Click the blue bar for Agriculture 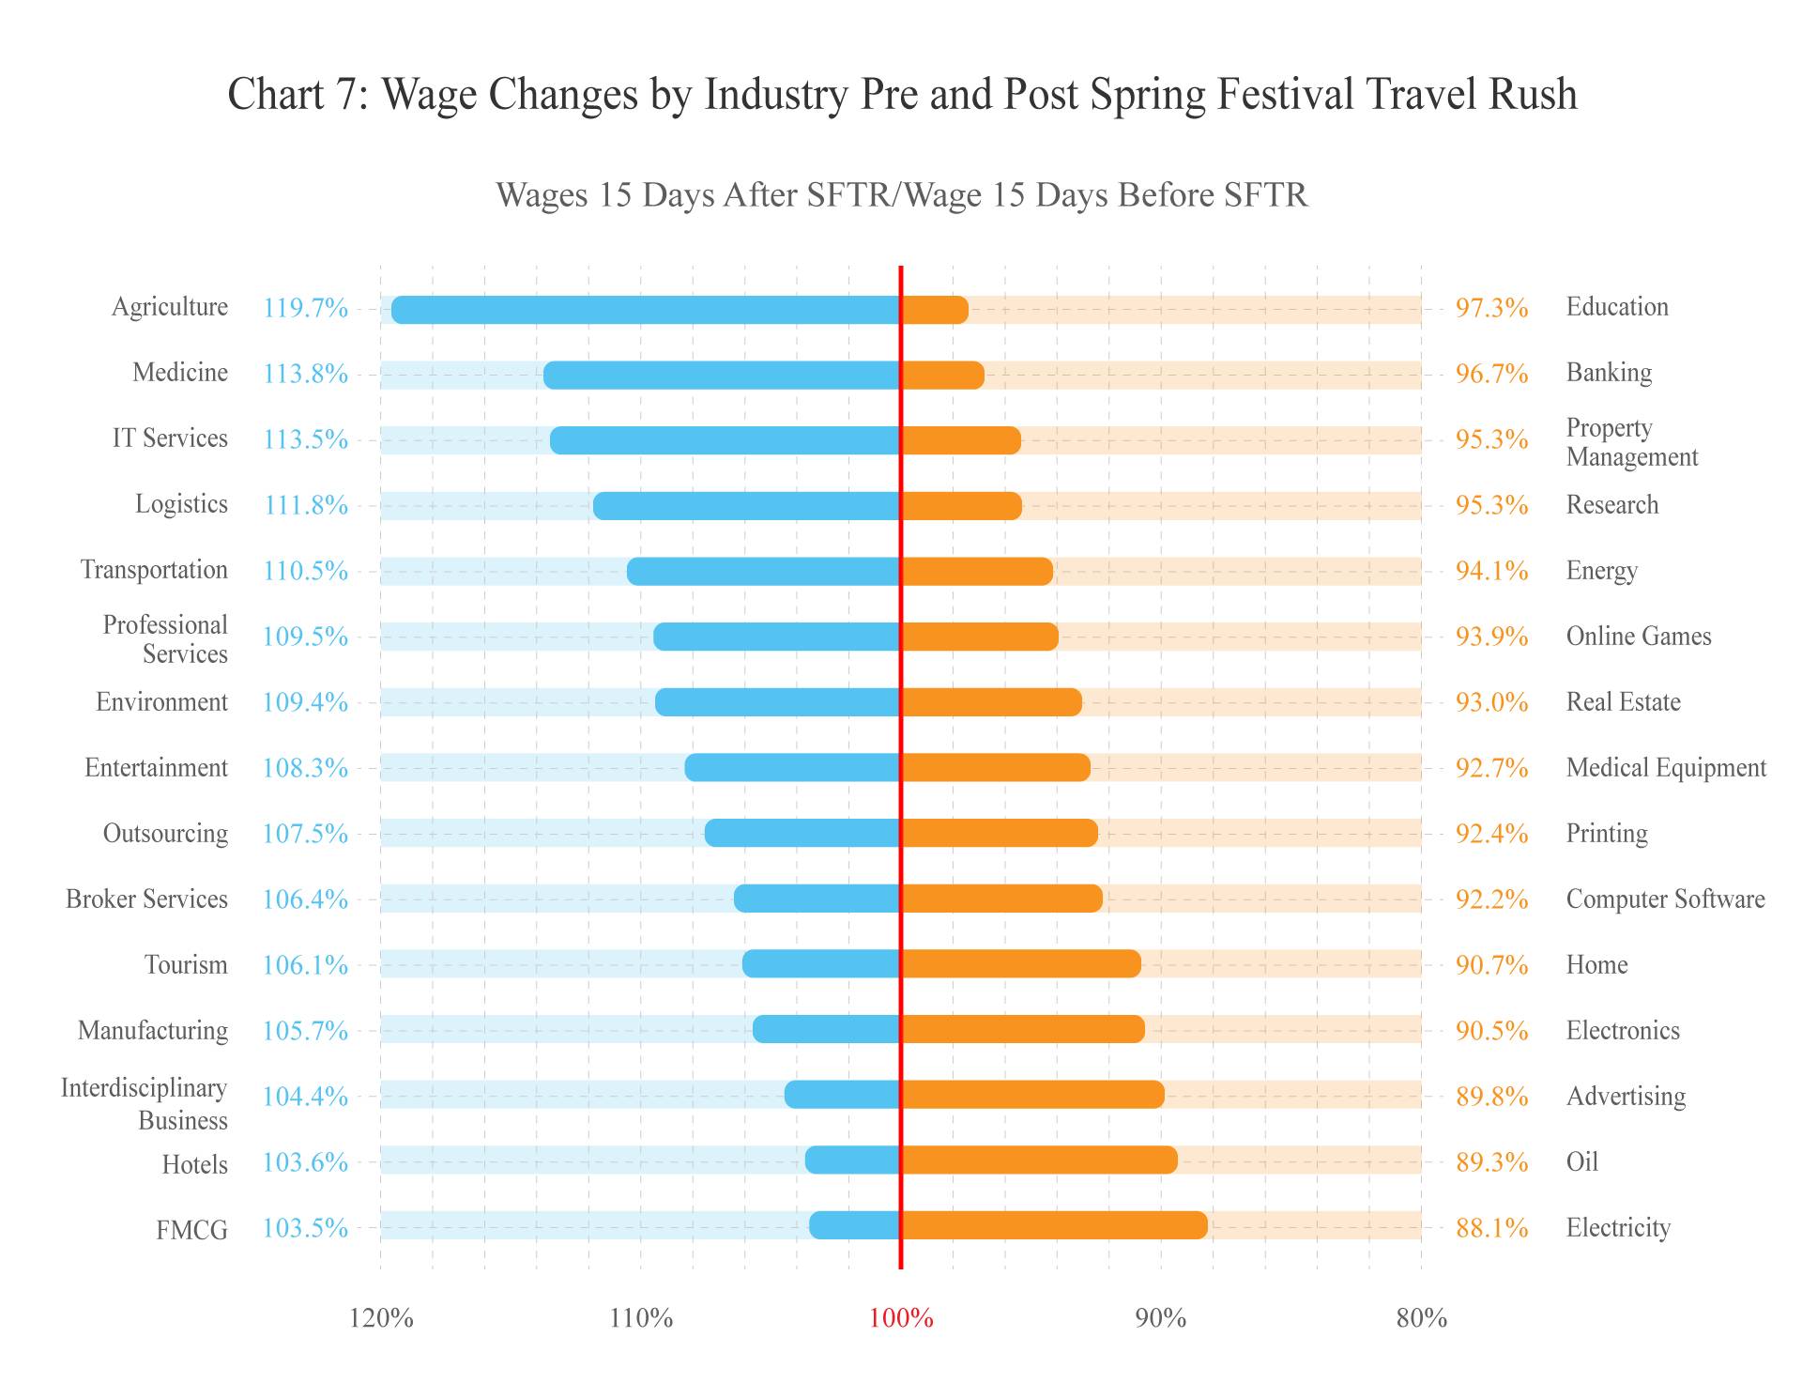pos(646,310)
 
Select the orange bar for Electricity pos(1054,1225)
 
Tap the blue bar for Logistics pos(747,506)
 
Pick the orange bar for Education pos(935,310)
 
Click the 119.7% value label pos(305,308)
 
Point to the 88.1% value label pos(1491,1228)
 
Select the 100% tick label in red pos(901,1319)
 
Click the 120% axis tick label pos(381,1319)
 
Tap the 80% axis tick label pos(1421,1319)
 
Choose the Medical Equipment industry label pos(1666,768)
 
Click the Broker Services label pos(146,899)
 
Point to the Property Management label pos(1631,442)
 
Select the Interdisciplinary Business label pos(145,1104)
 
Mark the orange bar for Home pos(1021,963)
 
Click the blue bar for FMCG pos(855,1225)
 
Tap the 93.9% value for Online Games pos(1491,637)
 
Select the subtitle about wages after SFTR pos(901,195)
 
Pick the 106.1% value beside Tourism pos(305,965)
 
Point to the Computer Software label pos(1665,899)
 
